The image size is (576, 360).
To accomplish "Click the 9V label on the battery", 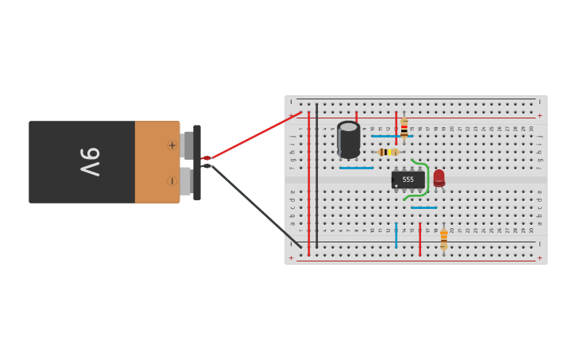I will click(x=90, y=162).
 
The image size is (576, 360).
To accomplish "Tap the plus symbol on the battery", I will click(x=172, y=145).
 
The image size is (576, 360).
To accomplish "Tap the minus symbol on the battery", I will click(x=172, y=181).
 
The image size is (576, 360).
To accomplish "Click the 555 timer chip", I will click(x=408, y=180).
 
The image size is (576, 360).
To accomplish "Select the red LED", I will click(x=439, y=178).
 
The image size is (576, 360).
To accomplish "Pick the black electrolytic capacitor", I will click(x=348, y=139).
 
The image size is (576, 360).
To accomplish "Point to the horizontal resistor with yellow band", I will click(x=388, y=152).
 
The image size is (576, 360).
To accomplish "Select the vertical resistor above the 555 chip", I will click(x=404, y=128).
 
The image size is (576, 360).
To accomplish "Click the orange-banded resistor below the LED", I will click(x=443, y=238).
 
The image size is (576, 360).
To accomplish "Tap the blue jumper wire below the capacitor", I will click(x=356, y=168).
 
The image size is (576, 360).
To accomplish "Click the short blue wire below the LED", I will click(x=423, y=207).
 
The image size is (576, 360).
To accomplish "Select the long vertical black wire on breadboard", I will click(x=316, y=175).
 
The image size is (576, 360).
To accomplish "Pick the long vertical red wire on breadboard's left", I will click(x=308, y=183).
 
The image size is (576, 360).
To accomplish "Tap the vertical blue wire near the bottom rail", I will click(x=396, y=234).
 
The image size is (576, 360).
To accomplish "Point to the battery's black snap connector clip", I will click(x=196, y=162).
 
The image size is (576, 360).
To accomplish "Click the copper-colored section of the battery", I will click(x=157, y=162).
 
